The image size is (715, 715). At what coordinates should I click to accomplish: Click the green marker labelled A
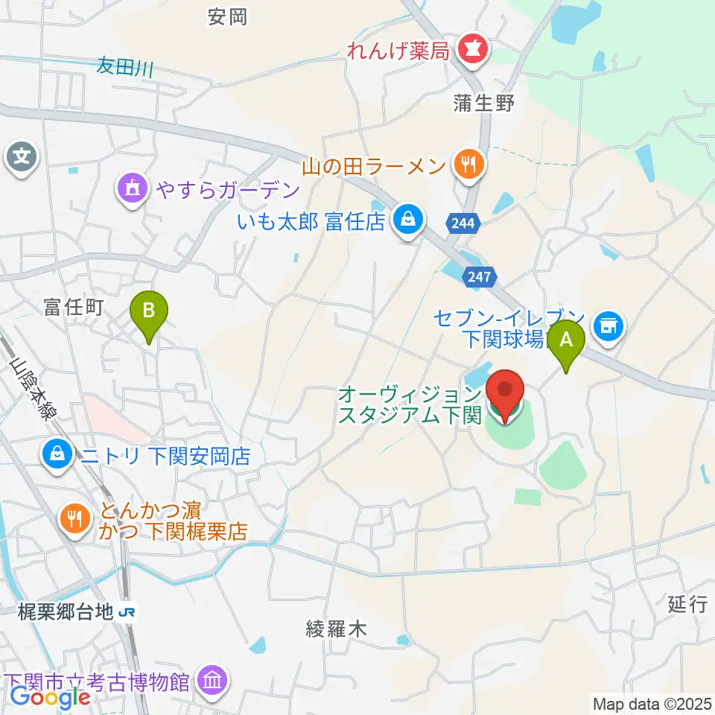[x=566, y=341]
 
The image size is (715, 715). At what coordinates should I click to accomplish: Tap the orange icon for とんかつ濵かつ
[x=74, y=518]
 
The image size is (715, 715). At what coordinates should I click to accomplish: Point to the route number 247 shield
[x=480, y=277]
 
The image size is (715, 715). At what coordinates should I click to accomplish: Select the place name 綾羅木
[x=337, y=629]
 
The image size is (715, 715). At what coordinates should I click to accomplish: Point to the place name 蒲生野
[x=484, y=103]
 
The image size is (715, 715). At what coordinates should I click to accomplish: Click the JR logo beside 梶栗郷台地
[x=127, y=612]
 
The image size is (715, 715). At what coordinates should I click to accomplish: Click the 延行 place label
[x=686, y=604]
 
